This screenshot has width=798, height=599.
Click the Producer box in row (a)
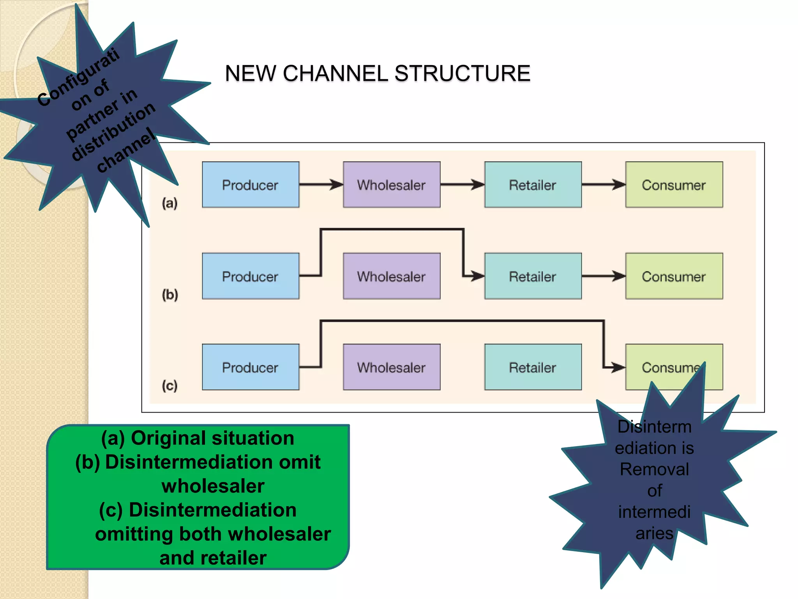[x=251, y=184]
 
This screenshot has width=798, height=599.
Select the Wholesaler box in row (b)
[x=392, y=276]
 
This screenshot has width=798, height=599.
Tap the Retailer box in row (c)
[x=533, y=367]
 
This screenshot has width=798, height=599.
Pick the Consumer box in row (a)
[x=674, y=184]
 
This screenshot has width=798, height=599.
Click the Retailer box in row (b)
[x=533, y=276]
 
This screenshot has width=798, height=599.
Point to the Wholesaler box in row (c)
[x=392, y=367]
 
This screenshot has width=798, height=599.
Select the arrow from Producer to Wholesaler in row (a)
[x=321, y=184]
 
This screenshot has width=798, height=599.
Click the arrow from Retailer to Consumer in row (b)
[x=603, y=276]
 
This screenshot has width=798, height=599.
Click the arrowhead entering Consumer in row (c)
[x=618, y=367]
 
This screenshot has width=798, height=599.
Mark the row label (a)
[x=169, y=203]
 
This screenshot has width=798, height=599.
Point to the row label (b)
[x=170, y=294]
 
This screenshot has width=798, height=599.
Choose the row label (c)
[x=169, y=386]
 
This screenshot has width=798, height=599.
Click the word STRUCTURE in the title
[x=462, y=73]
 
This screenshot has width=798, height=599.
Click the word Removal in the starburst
[x=654, y=469]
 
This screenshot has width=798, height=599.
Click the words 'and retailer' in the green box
[x=213, y=558]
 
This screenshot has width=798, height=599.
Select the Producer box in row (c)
[x=251, y=367]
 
